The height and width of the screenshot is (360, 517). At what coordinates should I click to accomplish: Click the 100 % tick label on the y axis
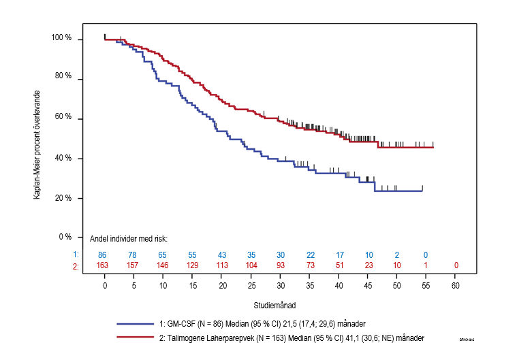(x=62, y=39)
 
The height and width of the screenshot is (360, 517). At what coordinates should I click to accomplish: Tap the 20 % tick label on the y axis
(x=63, y=198)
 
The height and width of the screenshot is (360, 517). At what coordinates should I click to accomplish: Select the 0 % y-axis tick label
(x=65, y=237)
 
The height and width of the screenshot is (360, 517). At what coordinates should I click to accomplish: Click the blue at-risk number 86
(x=105, y=255)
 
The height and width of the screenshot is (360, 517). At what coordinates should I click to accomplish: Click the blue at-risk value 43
(x=222, y=255)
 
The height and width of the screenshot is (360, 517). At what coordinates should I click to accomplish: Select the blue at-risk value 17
(x=339, y=255)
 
